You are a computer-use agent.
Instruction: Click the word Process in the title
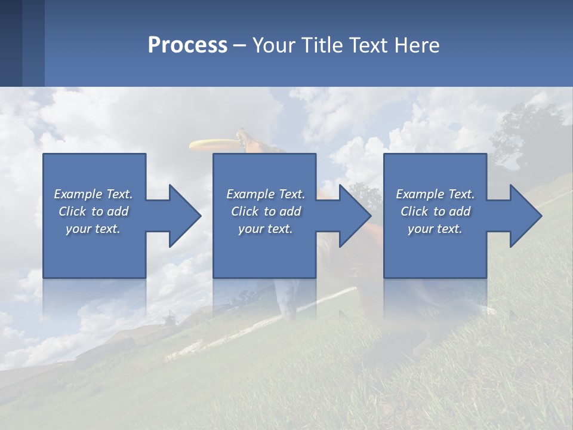coord(187,45)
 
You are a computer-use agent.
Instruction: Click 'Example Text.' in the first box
coord(93,194)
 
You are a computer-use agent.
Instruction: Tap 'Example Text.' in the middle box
coord(265,194)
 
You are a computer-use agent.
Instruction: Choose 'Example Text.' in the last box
coord(435,194)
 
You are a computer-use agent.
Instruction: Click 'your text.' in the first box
coord(93,229)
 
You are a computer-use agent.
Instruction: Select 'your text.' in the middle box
coord(265,229)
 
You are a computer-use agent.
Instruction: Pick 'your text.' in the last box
coord(435,229)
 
